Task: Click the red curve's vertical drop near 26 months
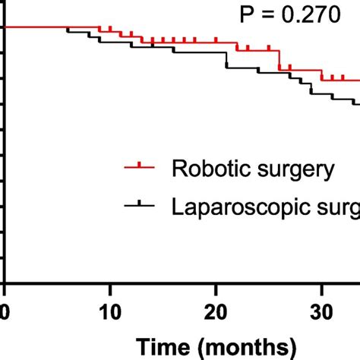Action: tap(279, 60)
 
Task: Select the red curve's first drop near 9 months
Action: tap(99, 30)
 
